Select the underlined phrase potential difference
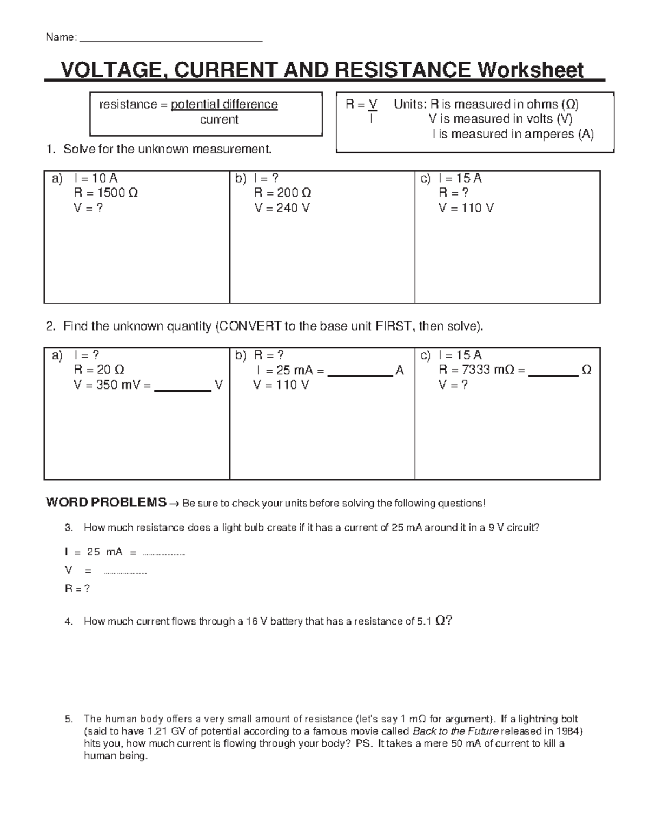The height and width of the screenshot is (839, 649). coord(224,104)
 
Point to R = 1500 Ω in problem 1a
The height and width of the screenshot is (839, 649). coord(105,193)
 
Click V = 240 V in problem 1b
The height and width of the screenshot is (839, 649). coord(282,208)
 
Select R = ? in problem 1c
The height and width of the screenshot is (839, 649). coord(453,193)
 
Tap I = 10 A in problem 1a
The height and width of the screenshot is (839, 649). coord(95,178)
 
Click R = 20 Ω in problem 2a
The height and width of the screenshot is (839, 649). coord(99,370)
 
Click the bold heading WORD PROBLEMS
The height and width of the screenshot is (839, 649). coord(106,502)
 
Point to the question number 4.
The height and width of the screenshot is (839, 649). coord(68,622)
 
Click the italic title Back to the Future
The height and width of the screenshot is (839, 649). coord(455,731)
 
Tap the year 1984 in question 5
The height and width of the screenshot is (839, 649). coord(568,731)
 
